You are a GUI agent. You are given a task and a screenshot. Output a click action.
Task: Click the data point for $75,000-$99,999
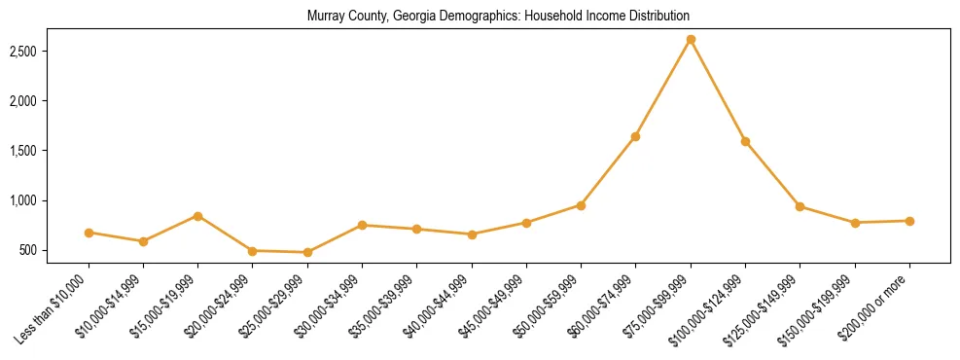[x=691, y=40]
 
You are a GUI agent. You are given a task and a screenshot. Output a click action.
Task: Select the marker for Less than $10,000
[x=89, y=233]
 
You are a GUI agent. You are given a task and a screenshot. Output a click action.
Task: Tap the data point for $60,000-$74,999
[x=635, y=136]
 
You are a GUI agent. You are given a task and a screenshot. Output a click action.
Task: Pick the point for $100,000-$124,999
[x=745, y=141]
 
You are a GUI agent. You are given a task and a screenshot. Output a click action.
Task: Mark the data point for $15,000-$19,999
[x=197, y=216]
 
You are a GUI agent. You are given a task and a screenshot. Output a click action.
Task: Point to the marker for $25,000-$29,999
[x=307, y=252]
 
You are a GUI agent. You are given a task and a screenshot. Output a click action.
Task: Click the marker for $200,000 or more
[x=909, y=221]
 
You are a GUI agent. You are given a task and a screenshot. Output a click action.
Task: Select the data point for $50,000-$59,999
[x=581, y=205]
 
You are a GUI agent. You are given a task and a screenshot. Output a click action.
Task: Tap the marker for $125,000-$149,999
[x=800, y=206]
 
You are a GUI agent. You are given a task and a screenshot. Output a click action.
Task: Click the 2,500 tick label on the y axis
[x=50, y=51]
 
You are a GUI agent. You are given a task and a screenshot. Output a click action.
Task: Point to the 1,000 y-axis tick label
[x=50, y=200]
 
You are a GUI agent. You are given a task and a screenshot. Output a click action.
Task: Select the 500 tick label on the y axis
[x=54, y=251]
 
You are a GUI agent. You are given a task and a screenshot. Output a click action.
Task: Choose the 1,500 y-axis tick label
[x=50, y=151]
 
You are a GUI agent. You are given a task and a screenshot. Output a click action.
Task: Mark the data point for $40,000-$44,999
[x=472, y=234]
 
